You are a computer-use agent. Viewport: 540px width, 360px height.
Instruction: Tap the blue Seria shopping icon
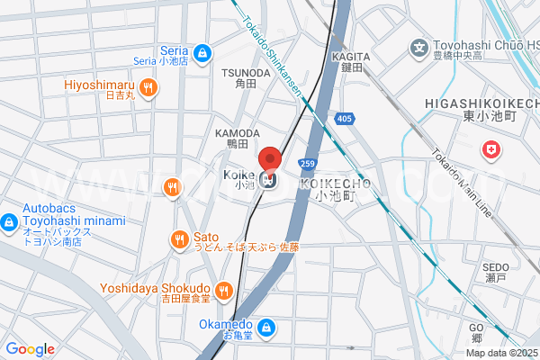pyautogui.click(x=203, y=52)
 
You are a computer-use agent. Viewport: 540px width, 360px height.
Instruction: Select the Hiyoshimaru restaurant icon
pyautogui.click(x=149, y=87)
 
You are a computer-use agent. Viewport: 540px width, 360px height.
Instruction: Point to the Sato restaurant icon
pyautogui.click(x=179, y=239)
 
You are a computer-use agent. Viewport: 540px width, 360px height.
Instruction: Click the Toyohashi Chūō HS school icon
pyautogui.click(x=418, y=47)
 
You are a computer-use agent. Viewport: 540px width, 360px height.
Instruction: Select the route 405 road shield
pyautogui.click(x=344, y=118)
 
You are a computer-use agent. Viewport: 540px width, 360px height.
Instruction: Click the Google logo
pyautogui.click(x=30, y=348)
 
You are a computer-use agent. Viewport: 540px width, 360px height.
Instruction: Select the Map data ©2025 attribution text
pyautogui.click(x=500, y=353)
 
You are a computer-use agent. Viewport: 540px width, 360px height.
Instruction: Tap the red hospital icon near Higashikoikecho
pyautogui.click(x=491, y=150)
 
